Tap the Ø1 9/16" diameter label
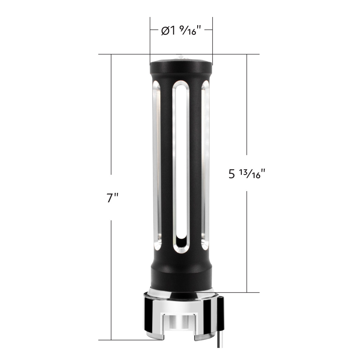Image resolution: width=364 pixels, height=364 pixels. (181, 31)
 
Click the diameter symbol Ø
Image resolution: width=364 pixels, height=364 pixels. (165, 31)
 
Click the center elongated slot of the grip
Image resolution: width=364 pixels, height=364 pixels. (181, 164)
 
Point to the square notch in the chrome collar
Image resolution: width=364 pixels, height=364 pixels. (181, 325)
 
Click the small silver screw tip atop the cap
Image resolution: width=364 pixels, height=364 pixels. (181, 57)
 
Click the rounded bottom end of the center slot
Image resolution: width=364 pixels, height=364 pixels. (181, 243)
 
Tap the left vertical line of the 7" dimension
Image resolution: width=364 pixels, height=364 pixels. (111, 121)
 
